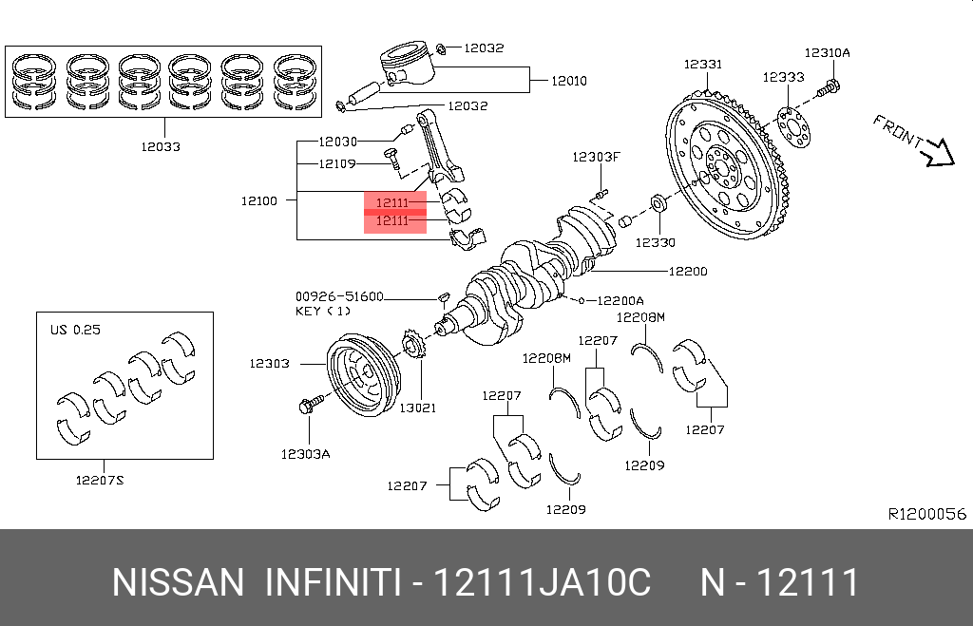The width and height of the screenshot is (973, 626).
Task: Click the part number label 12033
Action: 161,147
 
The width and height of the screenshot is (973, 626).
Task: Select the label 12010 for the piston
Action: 568,81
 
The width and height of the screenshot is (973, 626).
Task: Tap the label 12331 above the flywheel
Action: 703,65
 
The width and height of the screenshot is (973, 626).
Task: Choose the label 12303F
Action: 596,157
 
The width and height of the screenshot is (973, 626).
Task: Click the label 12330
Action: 656,242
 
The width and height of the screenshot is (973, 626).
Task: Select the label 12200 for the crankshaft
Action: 687,271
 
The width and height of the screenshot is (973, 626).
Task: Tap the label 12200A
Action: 620,301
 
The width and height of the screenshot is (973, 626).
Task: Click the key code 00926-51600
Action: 339,296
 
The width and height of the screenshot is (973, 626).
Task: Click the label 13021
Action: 417,408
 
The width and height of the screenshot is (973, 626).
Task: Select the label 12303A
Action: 305,454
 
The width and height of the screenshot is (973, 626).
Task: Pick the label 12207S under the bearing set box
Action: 100,480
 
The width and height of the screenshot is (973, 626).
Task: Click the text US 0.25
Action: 75,331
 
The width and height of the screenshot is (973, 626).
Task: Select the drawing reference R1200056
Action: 926,514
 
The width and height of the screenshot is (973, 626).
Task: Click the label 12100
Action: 258,201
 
